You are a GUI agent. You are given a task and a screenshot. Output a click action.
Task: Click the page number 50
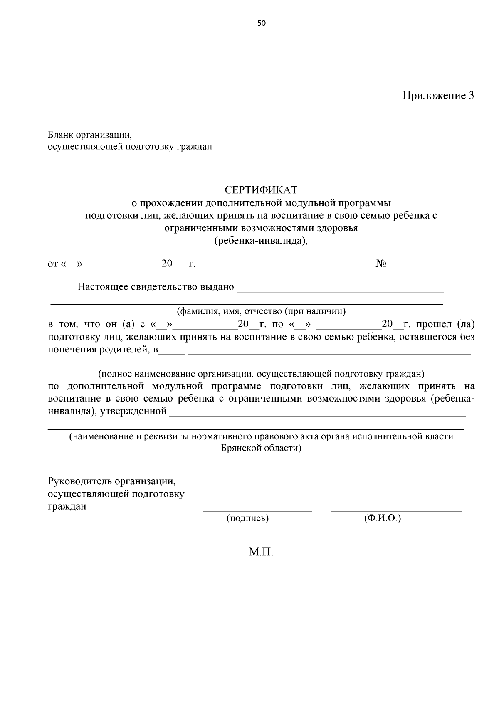tap(261, 23)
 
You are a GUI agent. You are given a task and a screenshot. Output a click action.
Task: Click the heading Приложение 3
tap(438, 96)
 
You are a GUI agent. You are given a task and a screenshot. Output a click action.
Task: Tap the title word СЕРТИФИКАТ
tap(261, 190)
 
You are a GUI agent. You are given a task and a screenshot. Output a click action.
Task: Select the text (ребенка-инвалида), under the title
tap(261, 241)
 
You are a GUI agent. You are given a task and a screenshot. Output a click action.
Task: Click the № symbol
tap(381, 264)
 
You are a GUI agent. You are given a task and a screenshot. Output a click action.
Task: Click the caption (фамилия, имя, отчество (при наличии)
tap(261, 311)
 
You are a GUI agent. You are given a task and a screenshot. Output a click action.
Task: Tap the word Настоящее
tap(103, 287)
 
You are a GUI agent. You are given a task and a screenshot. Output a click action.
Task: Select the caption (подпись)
tap(247, 518)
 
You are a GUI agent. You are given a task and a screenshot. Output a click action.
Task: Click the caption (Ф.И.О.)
tap(382, 518)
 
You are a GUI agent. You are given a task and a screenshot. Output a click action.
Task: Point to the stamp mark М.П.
tap(261, 552)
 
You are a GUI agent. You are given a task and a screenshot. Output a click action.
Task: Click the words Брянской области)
tap(261, 449)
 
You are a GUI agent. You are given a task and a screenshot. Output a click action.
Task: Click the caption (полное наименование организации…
tap(261, 374)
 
